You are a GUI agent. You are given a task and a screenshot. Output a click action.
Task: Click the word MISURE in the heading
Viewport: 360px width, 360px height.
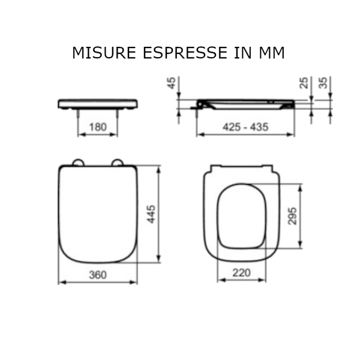tap(104, 53)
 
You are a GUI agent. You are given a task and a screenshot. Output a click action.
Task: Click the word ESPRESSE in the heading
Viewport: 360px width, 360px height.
tap(185, 53)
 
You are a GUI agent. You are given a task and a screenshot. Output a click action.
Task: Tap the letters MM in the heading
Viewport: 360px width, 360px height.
tap(272, 53)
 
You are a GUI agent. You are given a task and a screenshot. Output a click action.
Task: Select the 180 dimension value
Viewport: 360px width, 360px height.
tap(98, 127)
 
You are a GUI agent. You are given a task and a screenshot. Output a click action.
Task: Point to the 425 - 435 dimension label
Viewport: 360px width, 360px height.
tap(245, 127)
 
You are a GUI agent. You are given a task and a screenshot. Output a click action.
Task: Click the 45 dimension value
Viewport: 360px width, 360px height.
tap(172, 83)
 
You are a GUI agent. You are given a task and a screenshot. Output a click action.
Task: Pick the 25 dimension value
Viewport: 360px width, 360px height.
tap(304, 83)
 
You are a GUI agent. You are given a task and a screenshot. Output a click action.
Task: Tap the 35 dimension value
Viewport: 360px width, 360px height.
tap(323, 83)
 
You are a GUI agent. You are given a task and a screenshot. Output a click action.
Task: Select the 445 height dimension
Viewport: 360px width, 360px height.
tap(151, 214)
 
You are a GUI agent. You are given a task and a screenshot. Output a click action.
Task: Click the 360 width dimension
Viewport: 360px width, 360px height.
tap(98, 275)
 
